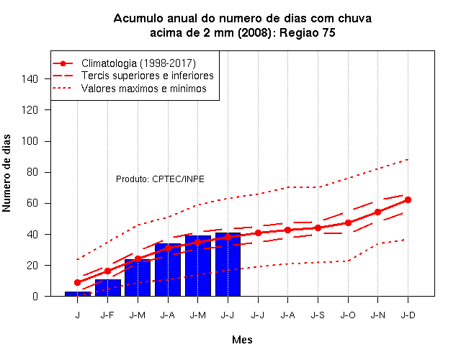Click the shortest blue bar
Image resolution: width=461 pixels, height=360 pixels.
(x=78, y=294)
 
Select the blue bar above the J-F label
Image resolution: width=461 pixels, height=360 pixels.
(x=107, y=288)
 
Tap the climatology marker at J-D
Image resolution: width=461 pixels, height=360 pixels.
(x=408, y=200)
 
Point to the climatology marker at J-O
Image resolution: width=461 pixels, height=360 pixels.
(x=348, y=222)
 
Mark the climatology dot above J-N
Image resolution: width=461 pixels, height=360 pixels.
(x=377, y=212)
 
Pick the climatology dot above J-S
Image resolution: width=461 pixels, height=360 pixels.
(x=318, y=228)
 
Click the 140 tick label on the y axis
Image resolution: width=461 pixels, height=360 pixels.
(x=30, y=78)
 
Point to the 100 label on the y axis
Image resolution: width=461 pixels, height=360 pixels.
(x=30, y=141)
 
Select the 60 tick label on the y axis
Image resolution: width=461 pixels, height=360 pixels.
(x=32, y=203)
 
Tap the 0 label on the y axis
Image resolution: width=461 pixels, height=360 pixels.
(x=35, y=296)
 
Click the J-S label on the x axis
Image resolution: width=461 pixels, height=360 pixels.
(x=318, y=315)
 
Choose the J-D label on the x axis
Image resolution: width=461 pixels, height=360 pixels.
(x=408, y=315)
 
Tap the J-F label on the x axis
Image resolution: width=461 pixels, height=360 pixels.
(x=107, y=315)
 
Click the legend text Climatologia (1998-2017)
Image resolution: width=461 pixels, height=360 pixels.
(x=138, y=63)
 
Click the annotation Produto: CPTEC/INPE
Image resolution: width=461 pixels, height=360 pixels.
(x=160, y=179)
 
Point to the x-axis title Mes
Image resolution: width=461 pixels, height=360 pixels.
(x=242, y=340)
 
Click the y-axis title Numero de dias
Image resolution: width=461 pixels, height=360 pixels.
(x=6, y=173)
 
